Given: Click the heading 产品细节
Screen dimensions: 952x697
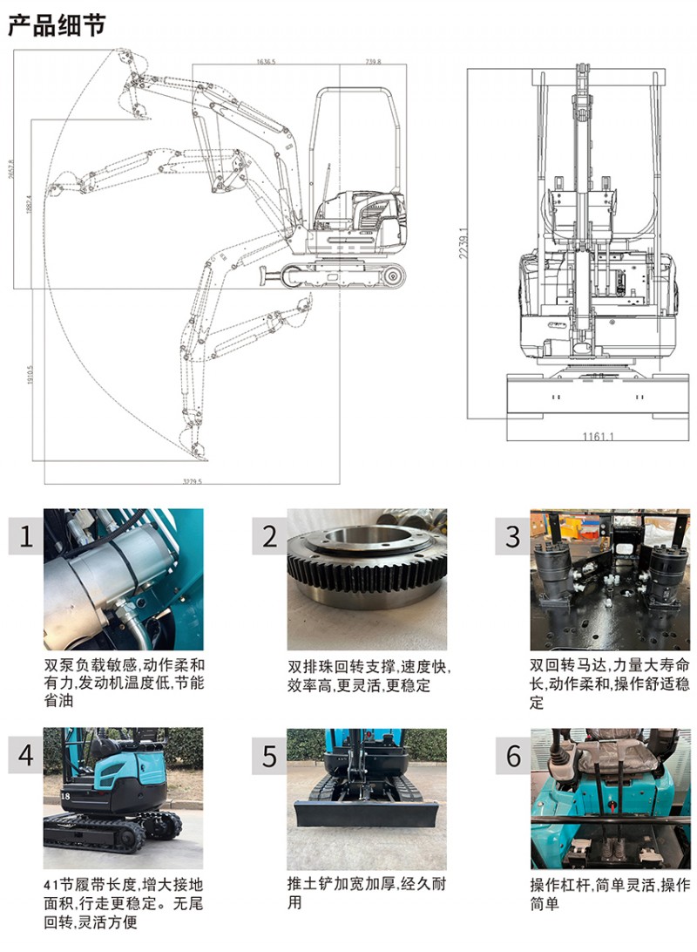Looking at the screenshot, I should tap(57, 25).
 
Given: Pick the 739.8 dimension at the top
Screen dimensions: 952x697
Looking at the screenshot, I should tap(373, 62).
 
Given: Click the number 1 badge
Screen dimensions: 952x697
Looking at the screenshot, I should tap(26, 536).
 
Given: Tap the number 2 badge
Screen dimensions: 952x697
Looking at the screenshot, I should tap(270, 536).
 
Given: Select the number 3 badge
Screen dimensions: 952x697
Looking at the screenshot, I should tap(513, 536).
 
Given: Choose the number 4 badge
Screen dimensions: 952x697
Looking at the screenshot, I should tap(26, 754).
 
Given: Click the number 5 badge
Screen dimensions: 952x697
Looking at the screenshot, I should tap(270, 754).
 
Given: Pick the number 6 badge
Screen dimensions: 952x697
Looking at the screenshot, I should tap(513, 754).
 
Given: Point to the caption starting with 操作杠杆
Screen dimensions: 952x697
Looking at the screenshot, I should tap(610, 894).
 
